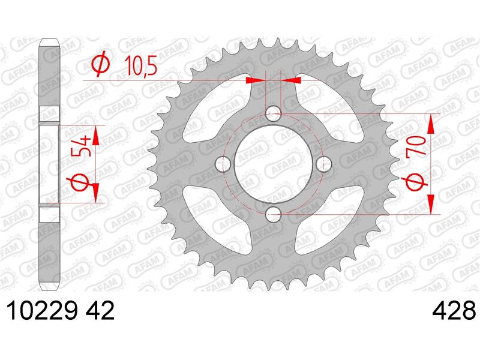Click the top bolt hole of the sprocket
[x=273, y=113]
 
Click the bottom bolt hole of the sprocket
[x=274, y=215]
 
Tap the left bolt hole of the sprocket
[x=223, y=164]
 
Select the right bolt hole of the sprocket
[x=324, y=164]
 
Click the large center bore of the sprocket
[x=274, y=164]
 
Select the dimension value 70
[x=416, y=146]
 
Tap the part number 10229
[x=41, y=310]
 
